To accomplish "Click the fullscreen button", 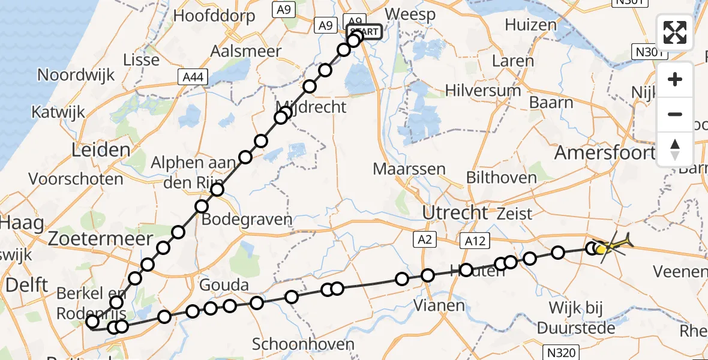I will click(x=675, y=32).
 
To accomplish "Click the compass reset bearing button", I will click(x=675, y=149).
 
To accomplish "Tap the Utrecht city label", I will click(x=455, y=212).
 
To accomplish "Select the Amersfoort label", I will click(x=604, y=152).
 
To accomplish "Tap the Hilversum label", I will click(x=483, y=91).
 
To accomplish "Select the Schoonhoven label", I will click(x=303, y=344).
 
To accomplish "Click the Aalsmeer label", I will click(x=246, y=52).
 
